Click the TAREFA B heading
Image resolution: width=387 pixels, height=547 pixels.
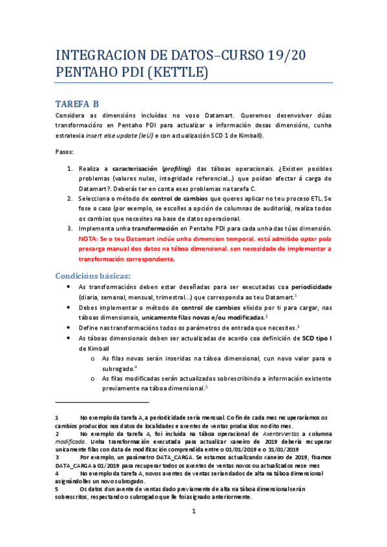(77, 103)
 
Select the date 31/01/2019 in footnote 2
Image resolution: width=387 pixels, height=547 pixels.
(282, 449)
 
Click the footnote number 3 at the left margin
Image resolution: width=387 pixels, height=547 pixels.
(57, 457)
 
